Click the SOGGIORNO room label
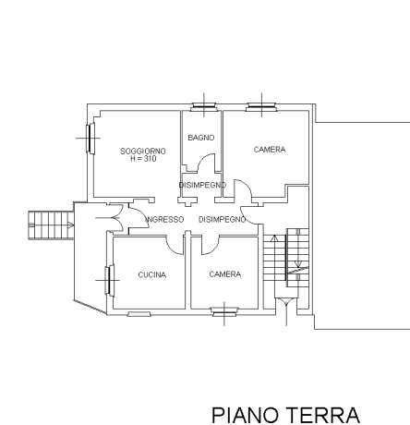143,152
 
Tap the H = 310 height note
143,159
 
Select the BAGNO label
201,138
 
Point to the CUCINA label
152,274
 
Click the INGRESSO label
164,220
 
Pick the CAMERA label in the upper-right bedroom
270,150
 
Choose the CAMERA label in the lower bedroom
225,274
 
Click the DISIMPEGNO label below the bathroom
202,185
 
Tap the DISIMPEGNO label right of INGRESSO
223,220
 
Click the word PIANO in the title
245,415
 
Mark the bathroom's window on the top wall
204,106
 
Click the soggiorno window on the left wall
90,138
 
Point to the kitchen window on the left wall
109,280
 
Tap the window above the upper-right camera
261,106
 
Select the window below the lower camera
224,311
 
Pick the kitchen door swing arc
173,248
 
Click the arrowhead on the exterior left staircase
71,225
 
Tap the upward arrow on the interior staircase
274,238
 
